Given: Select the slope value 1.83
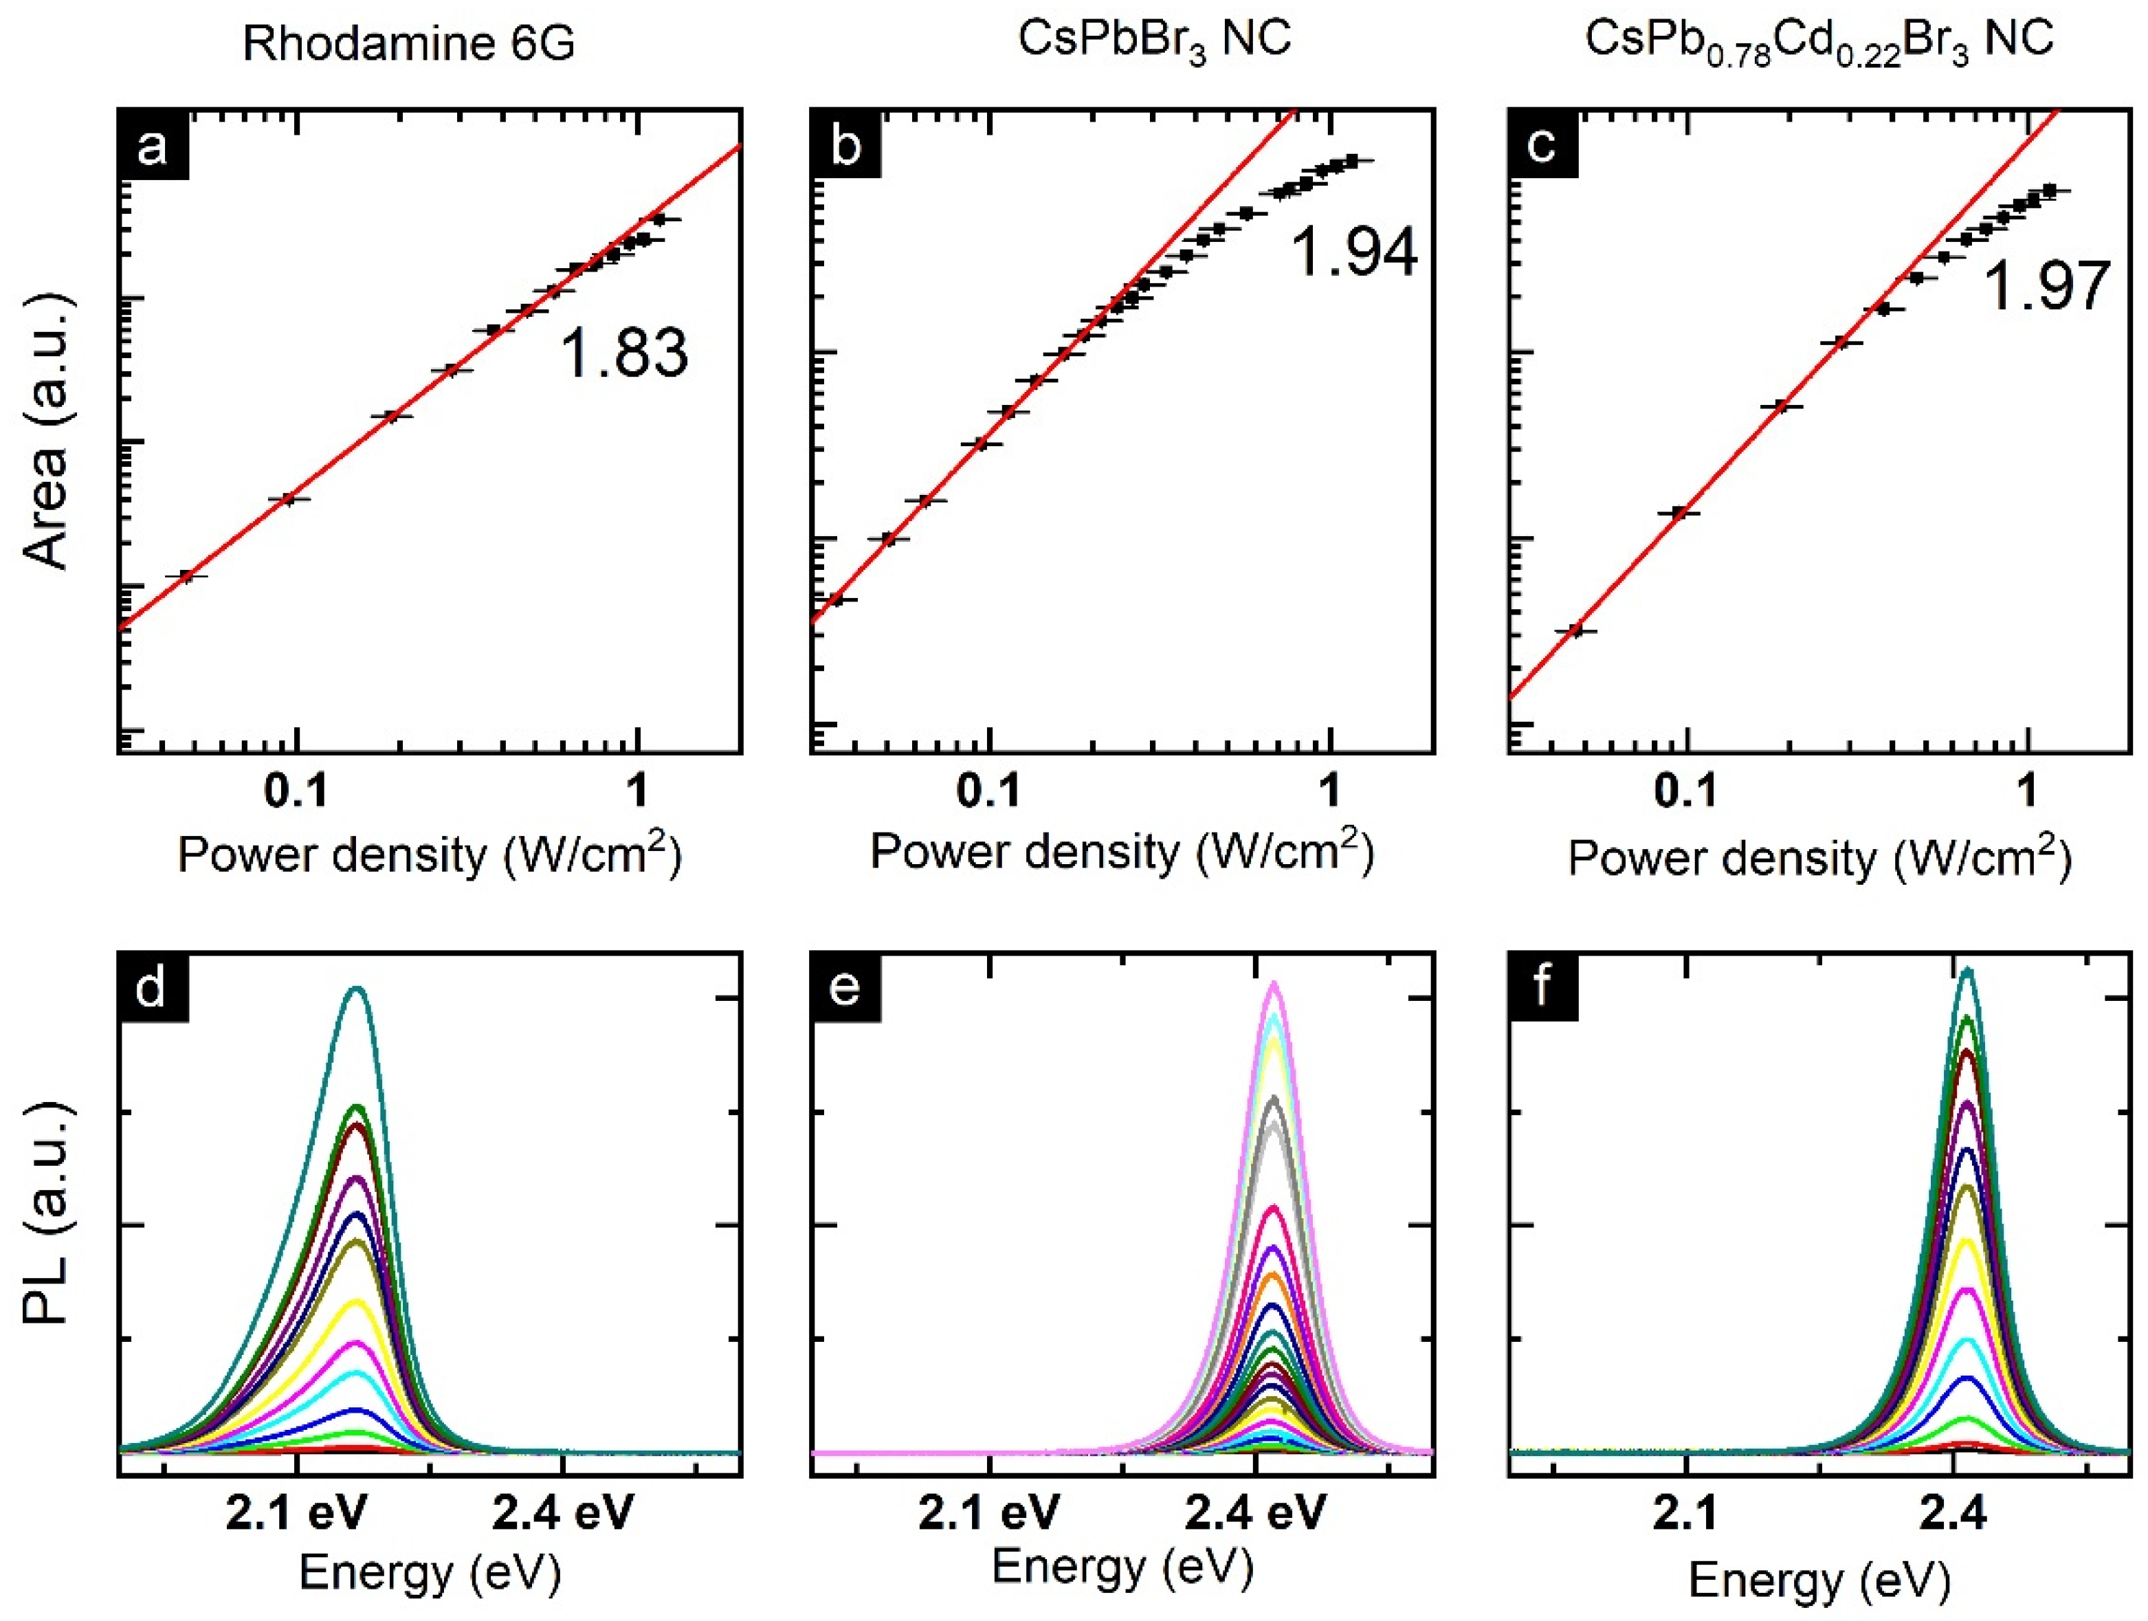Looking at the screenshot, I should (624, 353).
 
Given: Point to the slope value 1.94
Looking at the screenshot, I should (1353, 252).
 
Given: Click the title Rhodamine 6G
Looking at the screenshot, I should (409, 44).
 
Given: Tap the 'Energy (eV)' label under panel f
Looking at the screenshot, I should (1819, 1580).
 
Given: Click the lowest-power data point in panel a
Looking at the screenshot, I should (186, 576).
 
